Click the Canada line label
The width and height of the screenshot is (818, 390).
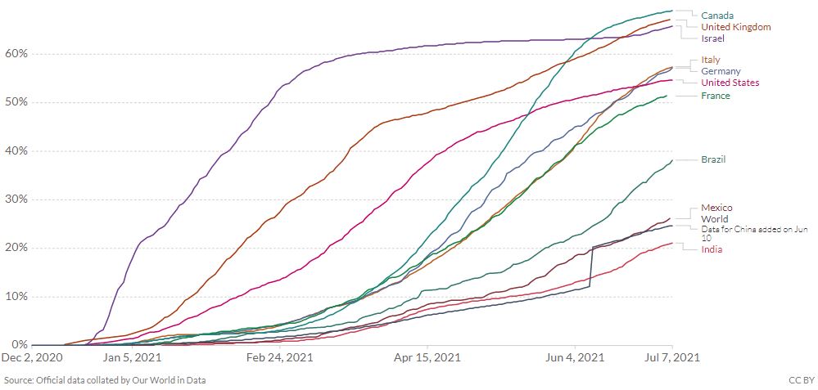[x=717, y=16]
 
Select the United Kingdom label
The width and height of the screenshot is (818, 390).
[x=736, y=27]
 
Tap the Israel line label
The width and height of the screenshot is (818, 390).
[x=712, y=38]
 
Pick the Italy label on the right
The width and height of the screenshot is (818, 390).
[x=711, y=60]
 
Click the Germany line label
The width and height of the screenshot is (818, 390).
[x=721, y=71]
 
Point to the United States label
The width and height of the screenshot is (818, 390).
[x=730, y=83]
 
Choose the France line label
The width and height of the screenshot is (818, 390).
[x=715, y=96]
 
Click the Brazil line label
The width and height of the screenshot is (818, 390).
[x=713, y=159]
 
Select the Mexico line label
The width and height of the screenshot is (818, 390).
[x=716, y=208]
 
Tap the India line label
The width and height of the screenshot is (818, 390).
[x=712, y=249]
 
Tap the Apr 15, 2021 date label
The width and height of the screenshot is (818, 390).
[x=426, y=357]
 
